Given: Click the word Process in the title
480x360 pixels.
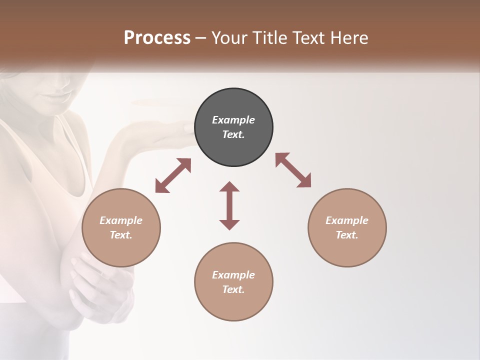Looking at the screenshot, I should tap(157, 38).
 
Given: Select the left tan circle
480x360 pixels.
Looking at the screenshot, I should tap(121, 250).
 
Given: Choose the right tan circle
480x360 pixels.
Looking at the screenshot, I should tap(347, 250).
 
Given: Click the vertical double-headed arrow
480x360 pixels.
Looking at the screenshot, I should tap(229, 205).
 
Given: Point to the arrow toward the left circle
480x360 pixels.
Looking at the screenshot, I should tap(173, 175).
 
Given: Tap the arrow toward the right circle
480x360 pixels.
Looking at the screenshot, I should tap(293, 170).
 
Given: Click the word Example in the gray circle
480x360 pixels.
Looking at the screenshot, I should tap(233, 120).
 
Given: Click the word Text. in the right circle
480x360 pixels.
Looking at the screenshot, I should tap(347, 235).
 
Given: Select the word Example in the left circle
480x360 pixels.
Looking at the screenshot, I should tap(121, 220).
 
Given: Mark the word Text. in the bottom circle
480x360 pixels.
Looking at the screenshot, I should tap(233, 289).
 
